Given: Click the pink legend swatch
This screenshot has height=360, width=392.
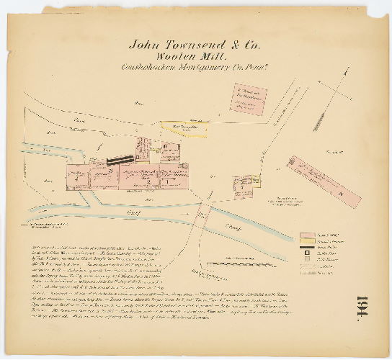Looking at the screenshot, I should pos(308,235).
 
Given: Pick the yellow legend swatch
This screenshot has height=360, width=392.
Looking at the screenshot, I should pos(308,242).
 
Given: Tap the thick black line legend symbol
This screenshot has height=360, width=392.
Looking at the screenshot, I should pos(308,248).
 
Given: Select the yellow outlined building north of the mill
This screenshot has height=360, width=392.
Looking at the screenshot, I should pos(190,130).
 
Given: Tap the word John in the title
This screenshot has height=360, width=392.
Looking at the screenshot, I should pos(143,42).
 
